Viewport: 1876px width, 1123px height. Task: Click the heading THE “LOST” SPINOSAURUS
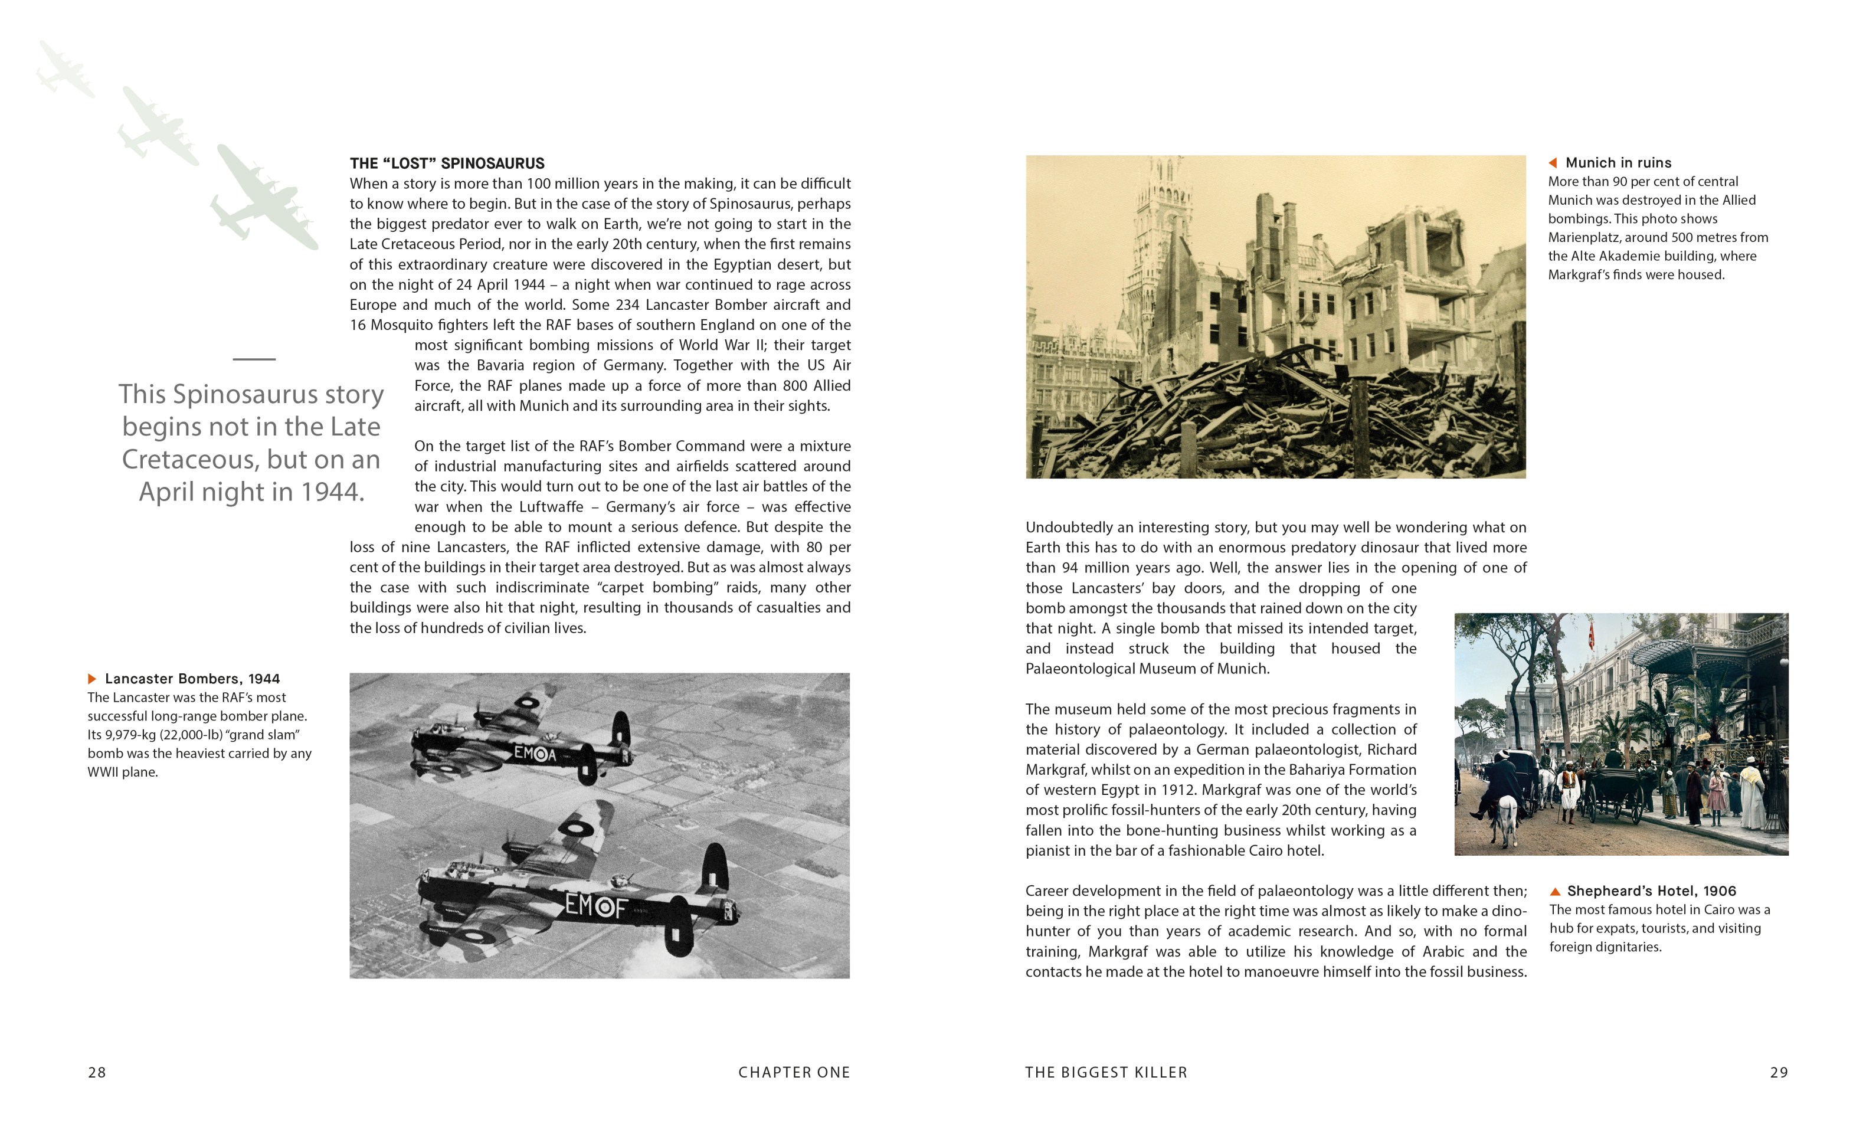pos(447,163)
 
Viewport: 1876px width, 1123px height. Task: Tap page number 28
pos(97,1072)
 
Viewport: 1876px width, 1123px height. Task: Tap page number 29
pos(1779,1072)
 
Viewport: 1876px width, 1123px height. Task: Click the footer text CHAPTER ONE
pos(794,1072)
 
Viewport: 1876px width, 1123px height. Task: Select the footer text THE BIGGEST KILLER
pos(1106,1072)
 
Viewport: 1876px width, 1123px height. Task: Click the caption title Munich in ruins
pos(1618,163)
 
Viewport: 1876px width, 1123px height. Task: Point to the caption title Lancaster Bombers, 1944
pos(192,679)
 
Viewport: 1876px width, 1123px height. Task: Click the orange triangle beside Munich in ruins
pos(1553,163)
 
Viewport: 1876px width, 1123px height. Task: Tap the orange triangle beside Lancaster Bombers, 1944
pos(92,679)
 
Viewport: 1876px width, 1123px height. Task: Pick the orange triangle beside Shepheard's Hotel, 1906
pos(1555,892)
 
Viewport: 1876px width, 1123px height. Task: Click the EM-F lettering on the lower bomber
pos(597,905)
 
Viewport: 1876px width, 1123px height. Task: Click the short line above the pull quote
pos(254,359)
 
